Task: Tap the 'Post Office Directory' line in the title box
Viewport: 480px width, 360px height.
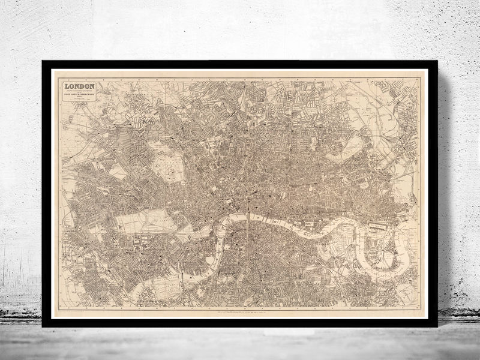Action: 80,95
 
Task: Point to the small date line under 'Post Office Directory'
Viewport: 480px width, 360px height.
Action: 80,98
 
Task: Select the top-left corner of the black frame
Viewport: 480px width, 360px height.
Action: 43,62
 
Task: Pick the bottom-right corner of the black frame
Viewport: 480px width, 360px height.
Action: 436,326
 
